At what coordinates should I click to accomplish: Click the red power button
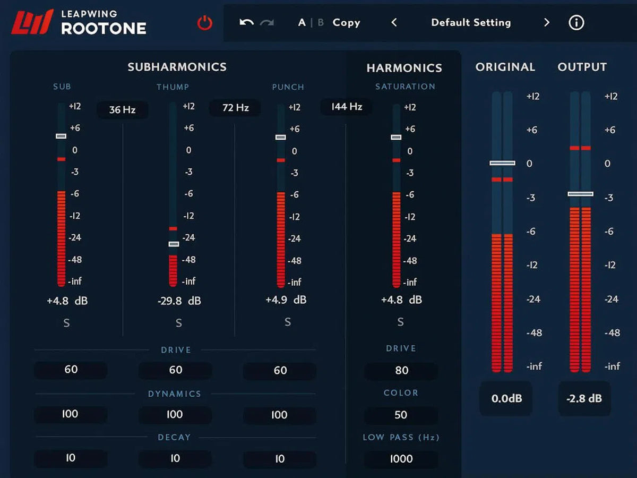[205, 23]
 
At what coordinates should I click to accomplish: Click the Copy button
[346, 23]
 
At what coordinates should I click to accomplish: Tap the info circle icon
[576, 23]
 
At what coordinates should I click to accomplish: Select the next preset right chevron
[547, 23]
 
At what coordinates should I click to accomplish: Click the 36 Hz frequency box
[122, 110]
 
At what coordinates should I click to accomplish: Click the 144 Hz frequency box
[346, 107]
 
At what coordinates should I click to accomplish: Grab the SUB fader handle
[61, 136]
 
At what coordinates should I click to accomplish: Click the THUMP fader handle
[174, 244]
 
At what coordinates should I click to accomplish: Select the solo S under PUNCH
[288, 322]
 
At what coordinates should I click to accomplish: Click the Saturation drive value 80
[401, 371]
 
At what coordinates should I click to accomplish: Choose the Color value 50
[401, 415]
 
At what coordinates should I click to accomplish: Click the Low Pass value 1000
[401, 459]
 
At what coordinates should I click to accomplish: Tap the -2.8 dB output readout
[584, 398]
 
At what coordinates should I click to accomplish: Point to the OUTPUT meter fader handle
[580, 194]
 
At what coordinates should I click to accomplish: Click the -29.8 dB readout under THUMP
[179, 301]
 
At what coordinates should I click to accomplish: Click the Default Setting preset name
[471, 23]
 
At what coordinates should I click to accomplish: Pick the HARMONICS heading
[404, 68]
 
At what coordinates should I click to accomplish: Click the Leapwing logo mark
[32, 22]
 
